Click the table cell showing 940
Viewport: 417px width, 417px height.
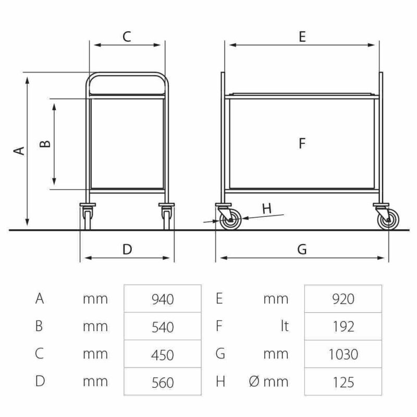pyautogui.click(x=163, y=299)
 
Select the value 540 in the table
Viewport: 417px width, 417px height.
pyautogui.click(x=163, y=326)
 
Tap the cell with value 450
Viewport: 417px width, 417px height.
pyautogui.click(x=163, y=354)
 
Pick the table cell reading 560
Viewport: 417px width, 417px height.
pyautogui.click(x=163, y=382)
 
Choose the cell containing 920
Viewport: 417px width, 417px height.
pyautogui.click(x=343, y=299)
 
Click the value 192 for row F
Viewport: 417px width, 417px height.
pyautogui.click(x=343, y=326)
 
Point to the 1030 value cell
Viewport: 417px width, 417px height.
pyautogui.click(x=343, y=354)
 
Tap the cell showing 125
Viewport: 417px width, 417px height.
pyautogui.click(x=343, y=382)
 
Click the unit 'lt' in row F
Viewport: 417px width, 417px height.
pyautogui.click(x=285, y=326)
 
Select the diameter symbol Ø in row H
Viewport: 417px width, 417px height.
pyautogui.click(x=254, y=382)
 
